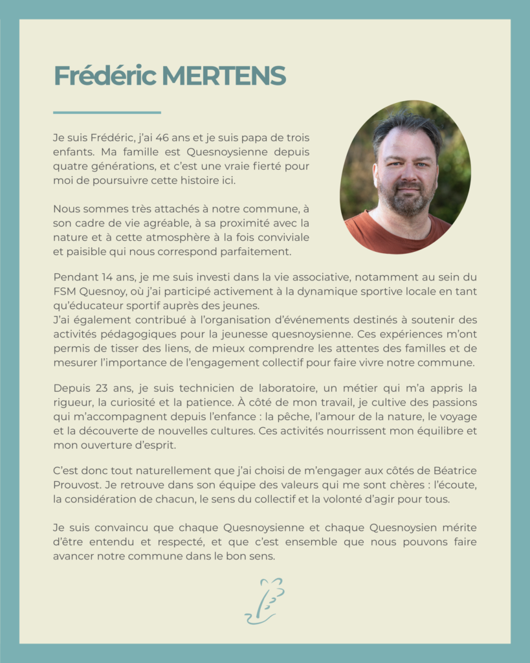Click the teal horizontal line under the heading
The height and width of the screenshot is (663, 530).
(x=107, y=113)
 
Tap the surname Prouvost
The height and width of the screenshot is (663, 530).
(x=77, y=484)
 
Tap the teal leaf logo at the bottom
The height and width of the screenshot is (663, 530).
(x=265, y=600)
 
